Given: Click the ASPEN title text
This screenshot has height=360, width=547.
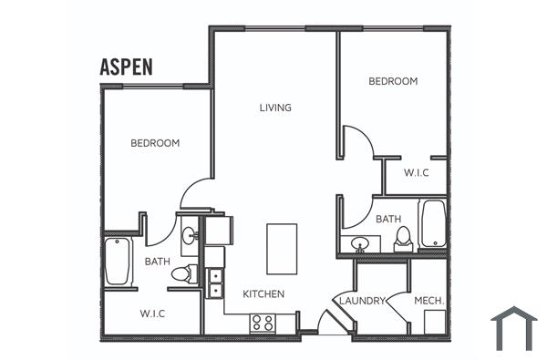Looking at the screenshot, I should click(126, 67).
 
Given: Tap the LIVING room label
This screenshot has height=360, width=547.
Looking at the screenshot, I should click(275, 108).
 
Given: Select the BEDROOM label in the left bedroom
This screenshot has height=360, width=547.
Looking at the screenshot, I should click(154, 143).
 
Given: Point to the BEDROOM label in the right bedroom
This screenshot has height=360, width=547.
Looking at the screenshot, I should click(393, 81).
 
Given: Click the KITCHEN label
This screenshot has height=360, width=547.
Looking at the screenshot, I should click(263, 294).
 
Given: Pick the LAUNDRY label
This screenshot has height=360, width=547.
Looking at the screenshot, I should click(363, 300).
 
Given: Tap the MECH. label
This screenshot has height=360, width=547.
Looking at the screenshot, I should click(428, 300).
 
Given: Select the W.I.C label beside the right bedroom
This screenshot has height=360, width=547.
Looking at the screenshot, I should click(416, 172).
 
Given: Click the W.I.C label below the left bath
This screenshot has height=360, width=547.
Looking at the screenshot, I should click(152, 314).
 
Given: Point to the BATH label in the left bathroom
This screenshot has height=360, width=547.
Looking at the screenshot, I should click(157, 262).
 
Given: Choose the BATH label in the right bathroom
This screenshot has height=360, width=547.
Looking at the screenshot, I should click(388, 219).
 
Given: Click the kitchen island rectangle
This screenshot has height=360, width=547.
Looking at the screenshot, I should click(281, 247).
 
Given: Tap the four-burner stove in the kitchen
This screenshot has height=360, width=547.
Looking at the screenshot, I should click(263, 323).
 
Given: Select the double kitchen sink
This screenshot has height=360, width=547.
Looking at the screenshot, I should click(215, 283).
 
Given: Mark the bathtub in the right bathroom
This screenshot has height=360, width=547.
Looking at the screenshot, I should click(432, 225).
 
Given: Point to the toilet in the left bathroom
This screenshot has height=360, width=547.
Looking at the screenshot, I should click(186, 273).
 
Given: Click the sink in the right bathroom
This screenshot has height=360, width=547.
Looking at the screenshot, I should click(360, 243).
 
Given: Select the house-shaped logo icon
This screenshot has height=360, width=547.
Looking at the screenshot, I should click(513, 328).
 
